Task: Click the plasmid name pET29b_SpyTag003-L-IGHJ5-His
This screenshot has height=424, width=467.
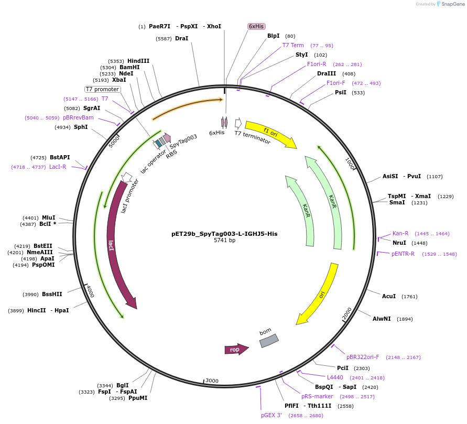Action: (x=224, y=234)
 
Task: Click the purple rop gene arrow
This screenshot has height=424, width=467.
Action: (x=235, y=350)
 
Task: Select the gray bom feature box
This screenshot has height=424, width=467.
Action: (x=269, y=341)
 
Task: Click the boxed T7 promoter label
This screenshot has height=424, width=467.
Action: (x=103, y=89)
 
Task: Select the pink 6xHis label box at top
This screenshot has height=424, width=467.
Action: (x=256, y=26)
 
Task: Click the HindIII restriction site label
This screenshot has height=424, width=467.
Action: (x=138, y=61)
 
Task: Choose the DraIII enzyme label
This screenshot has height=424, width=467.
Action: (x=327, y=73)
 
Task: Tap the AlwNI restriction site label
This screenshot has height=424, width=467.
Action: (x=382, y=319)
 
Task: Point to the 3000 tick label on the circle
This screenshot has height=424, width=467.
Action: (x=212, y=380)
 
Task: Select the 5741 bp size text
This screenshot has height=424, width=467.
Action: (x=224, y=241)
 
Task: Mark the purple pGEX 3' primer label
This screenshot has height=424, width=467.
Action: (x=271, y=415)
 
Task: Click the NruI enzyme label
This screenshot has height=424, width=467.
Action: (x=399, y=243)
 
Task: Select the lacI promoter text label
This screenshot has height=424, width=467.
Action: (x=130, y=196)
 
